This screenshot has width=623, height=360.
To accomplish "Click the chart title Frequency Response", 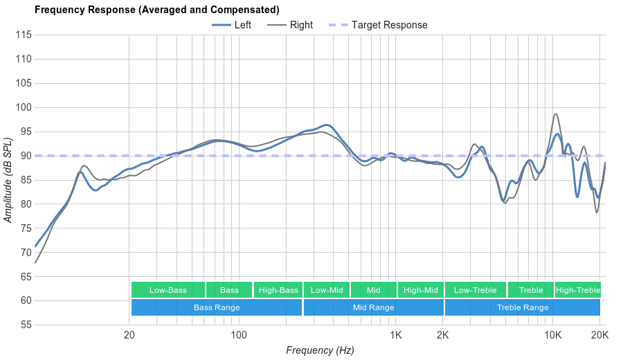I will pyautogui.click(x=156, y=10).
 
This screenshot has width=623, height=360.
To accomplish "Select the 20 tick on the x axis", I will pyautogui.click(x=129, y=335).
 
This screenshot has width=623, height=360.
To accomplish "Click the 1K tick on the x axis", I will pyautogui.click(x=396, y=335).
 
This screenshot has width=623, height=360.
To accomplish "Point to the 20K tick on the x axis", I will pyautogui.click(x=599, y=335).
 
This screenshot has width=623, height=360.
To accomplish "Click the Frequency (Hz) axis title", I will pyautogui.click(x=320, y=350).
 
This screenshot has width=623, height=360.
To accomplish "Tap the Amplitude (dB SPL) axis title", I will pyautogui.click(x=8, y=180).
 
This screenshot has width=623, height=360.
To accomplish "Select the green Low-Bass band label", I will pyautogui.click(x=168, y=290).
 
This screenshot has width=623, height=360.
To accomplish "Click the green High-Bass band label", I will pyautogui.click(x=278, y=290).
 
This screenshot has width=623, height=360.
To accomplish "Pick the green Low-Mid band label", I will pyautogui.click(x=327, y=290).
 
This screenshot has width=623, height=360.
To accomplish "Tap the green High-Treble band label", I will pyautogui.click(x=578, y=290).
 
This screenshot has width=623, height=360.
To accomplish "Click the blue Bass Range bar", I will pyautogui.click(x=217, y=307).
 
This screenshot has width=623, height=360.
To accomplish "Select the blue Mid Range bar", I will pyautogui.click(x=373, y=307).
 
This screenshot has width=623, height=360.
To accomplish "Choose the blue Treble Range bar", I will pyautogui.click(x=523, y=307).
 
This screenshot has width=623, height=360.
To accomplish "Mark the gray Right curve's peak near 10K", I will pyautogui.click(x=555, y=114).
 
